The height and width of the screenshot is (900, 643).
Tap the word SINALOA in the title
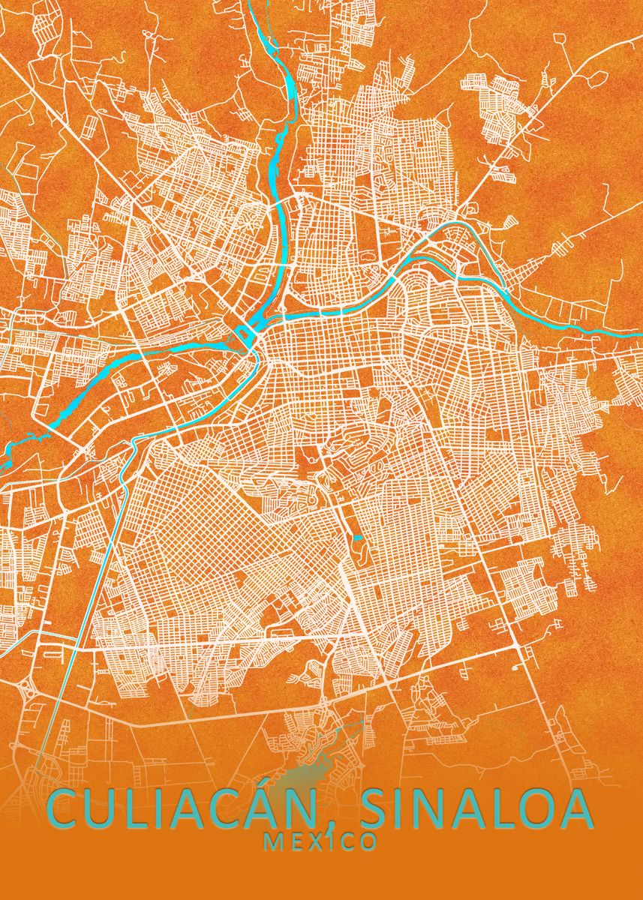(x=476, y=810)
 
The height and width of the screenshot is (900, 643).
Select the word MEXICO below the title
(x=320, y=842)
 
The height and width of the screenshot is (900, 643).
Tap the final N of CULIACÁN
(x=310, y=810)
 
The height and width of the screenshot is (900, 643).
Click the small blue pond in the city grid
(x=357, y=538)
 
